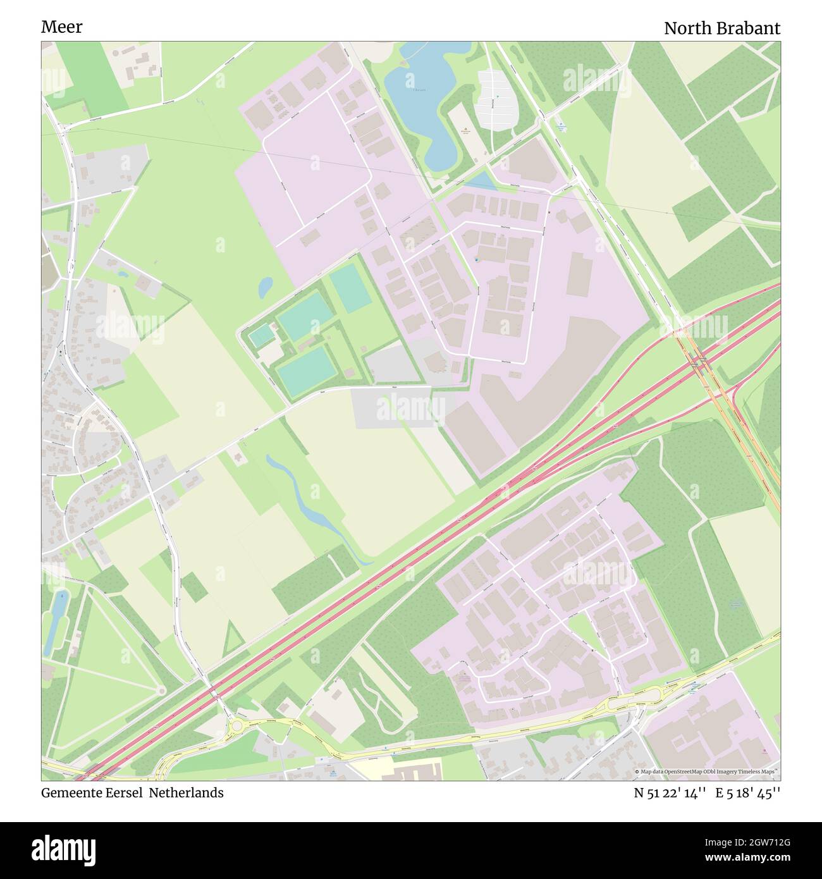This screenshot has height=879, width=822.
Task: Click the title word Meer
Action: click(61, 27)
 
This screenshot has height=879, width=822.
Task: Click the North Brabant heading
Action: click(721, 28)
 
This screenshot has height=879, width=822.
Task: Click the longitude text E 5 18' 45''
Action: click(748, 793)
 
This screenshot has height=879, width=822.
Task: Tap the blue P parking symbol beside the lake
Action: click(497, 96)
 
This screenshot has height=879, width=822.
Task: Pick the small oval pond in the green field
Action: click(266, 287)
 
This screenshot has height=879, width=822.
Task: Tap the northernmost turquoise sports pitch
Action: click(350, 286)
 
